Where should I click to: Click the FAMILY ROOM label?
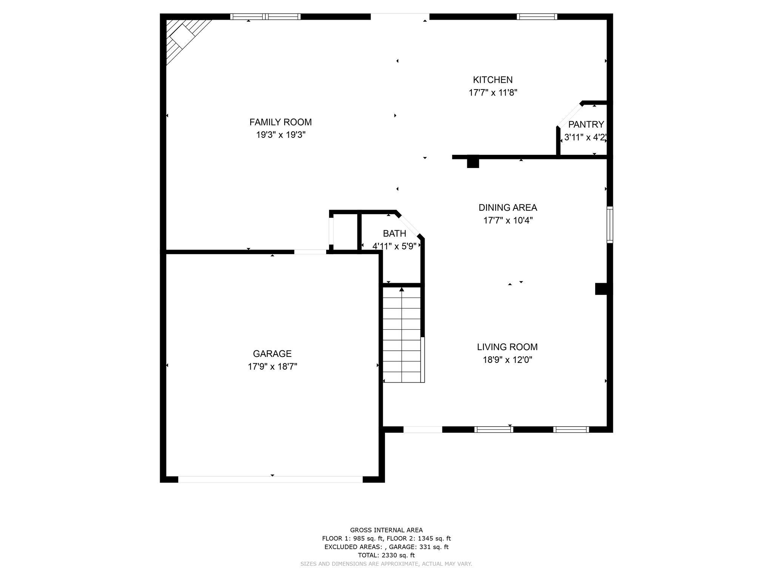pyautogui.click(x=280, y=122)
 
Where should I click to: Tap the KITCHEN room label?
pyautogui.click(x=493, y=80)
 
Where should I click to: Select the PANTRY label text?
pyautogui.click(x=586, y=124)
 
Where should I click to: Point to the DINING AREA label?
pyautogui.click(x=508, y=207)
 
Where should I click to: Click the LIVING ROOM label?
pyautogui.click(x=507, y=347)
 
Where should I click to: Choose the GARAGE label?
pyautogui.click(x=272, y=353)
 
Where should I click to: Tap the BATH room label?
pyautogui.click(x=394, y=233)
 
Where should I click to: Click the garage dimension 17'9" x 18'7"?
pyautogui.click(x=273, y=366)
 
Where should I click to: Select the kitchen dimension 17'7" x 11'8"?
pyautogui.click(x=493, y=93)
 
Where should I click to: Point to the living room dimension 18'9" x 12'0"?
pyautogui.click(x=508, y=359)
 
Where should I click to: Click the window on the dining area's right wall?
pyautogui.click(x=610, y=225)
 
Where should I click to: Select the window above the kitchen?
pyautogui.click(x=537, y=16)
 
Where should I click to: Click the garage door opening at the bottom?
pyautogui.click(x=270, y=479)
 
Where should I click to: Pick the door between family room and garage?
pyautogui.click(x=310, y=252)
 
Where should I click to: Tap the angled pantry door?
pyautogui.click(x=570, y=115)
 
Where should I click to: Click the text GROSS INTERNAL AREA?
pyautogui.click(x=386, y=530)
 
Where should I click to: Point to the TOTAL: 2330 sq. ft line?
pyautogui.click(x=386, y=555)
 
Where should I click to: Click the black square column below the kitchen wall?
pyautogui.click(x=473, y=162)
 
